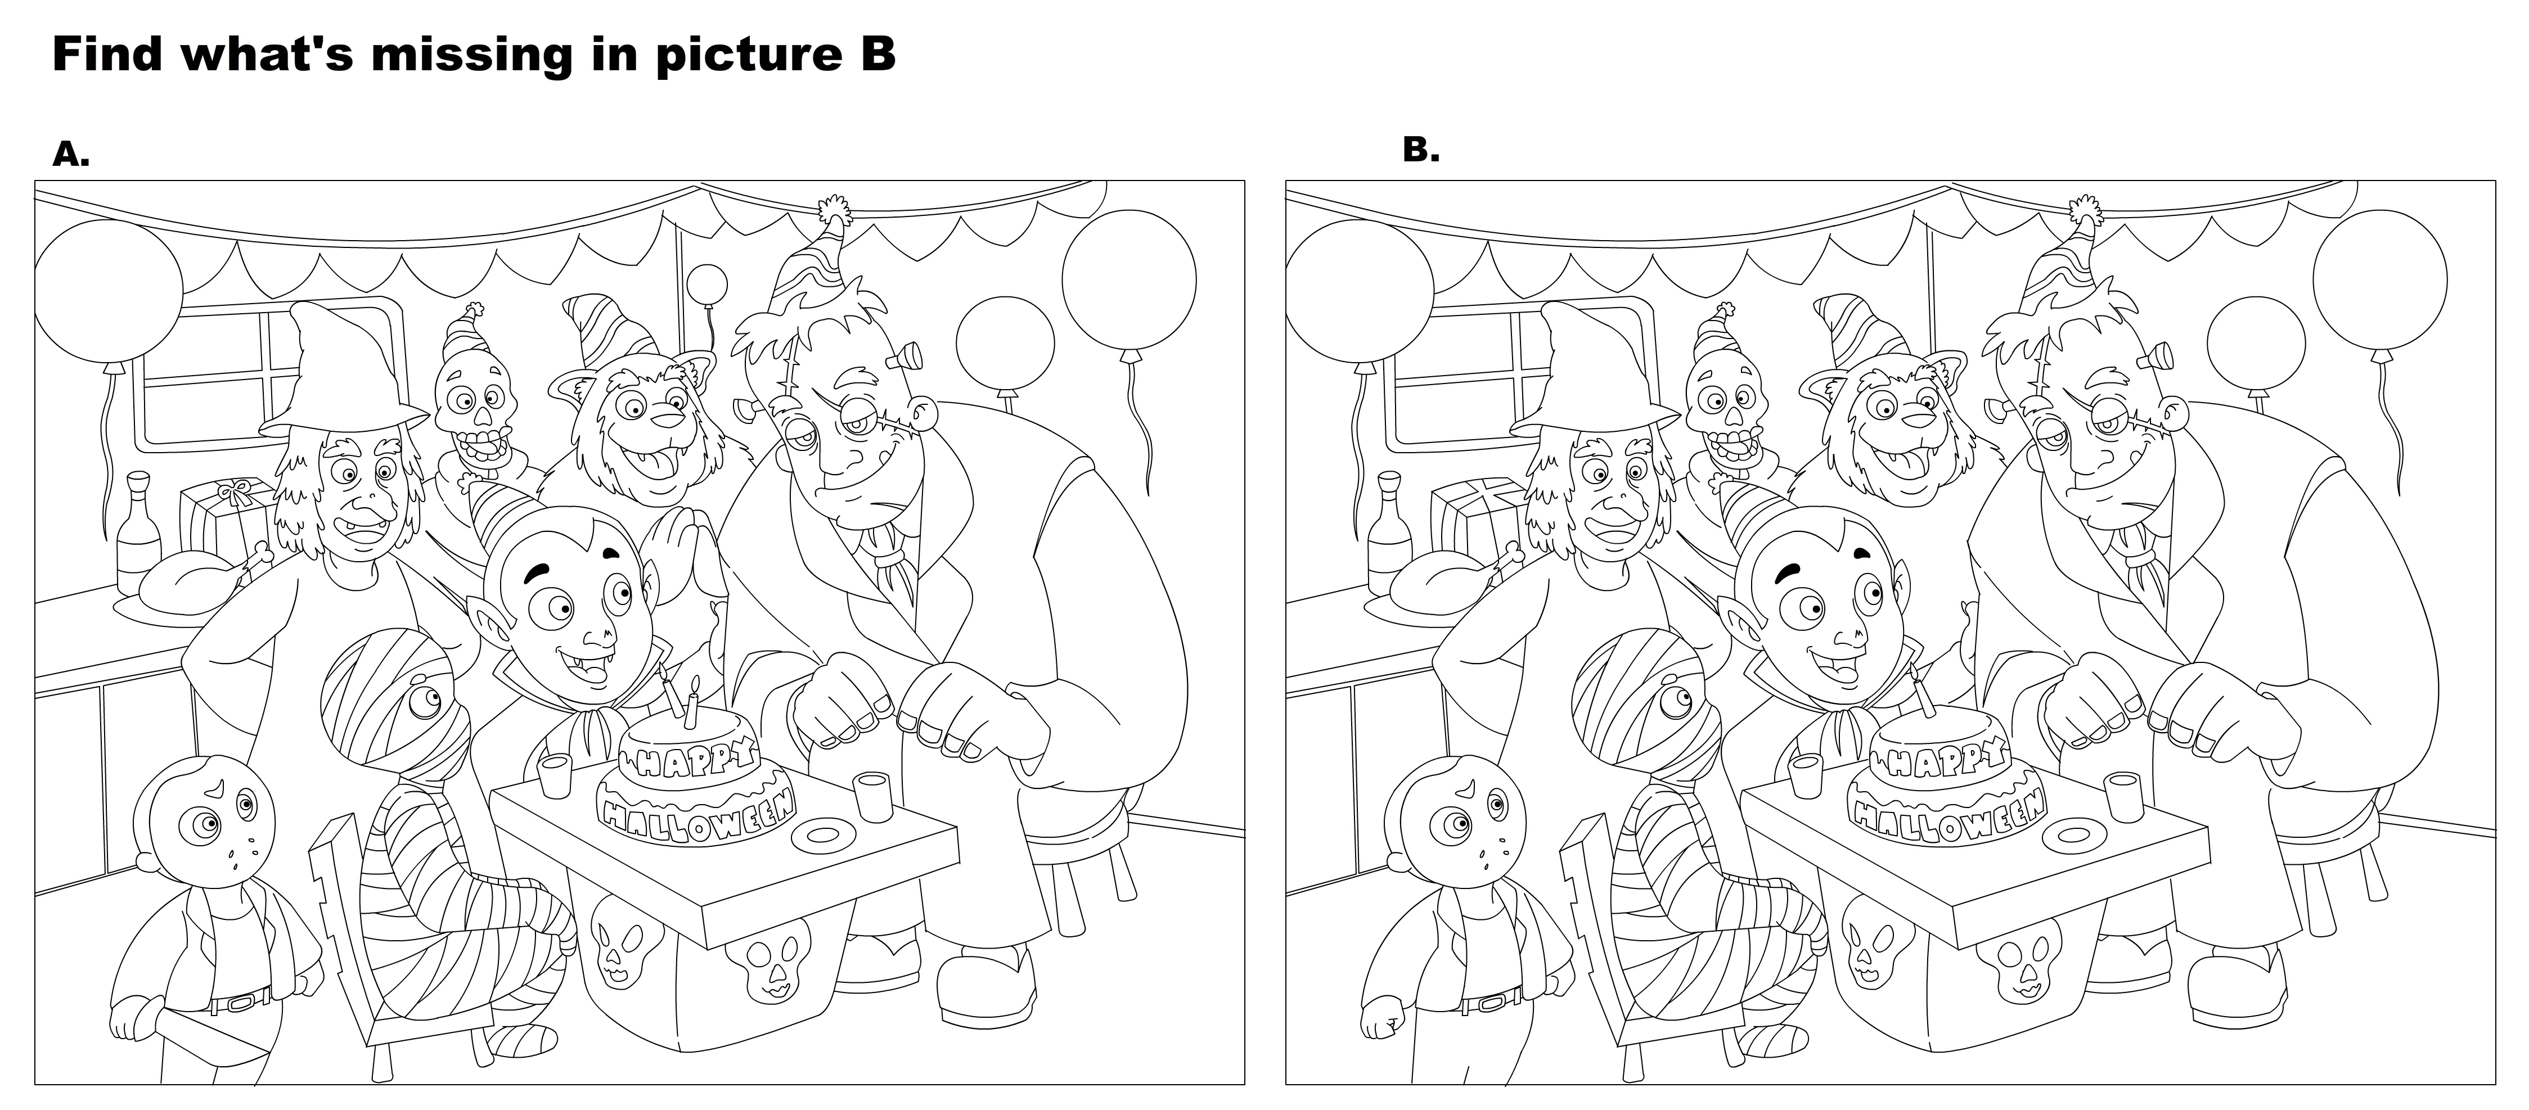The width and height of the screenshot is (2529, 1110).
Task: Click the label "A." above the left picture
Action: pos(71,153)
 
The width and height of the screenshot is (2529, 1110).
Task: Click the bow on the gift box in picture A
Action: pos(233,491)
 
